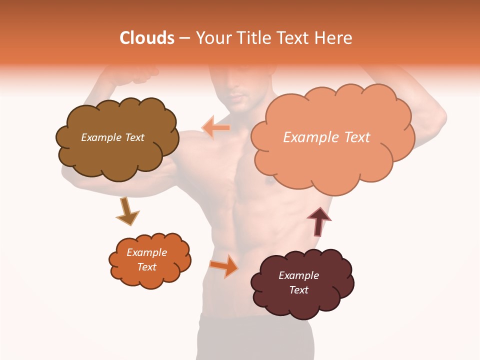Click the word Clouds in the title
pos(147,38)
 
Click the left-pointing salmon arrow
pos(216,127)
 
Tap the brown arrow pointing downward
pos(127,211)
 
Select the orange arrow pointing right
pos(224,266)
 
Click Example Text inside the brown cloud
pos(112,137)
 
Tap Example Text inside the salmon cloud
pos(326,137)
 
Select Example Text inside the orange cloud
pos(147,259)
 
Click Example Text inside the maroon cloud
pos(298,282)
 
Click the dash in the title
pos(184,38)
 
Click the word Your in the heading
pos(212,38)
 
